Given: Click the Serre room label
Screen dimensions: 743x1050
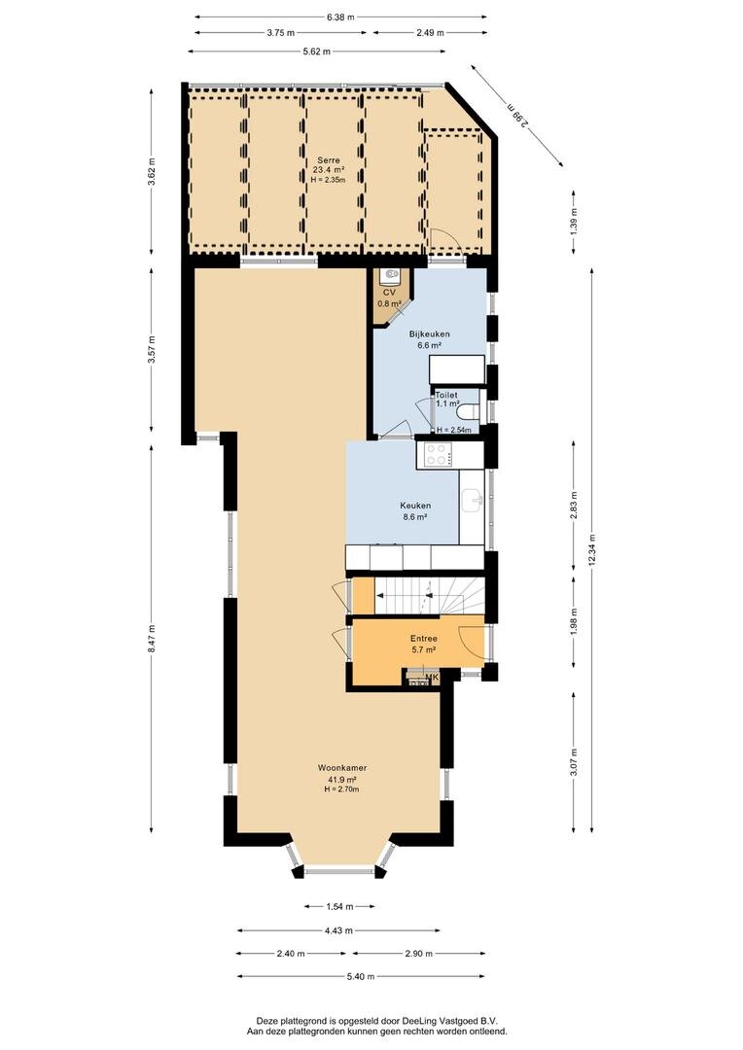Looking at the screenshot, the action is click(329, 160).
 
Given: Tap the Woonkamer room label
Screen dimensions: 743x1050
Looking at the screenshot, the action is click(341, 768).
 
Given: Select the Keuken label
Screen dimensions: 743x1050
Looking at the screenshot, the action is click(415, 506).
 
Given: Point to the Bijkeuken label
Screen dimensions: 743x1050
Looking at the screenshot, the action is click(430, 334).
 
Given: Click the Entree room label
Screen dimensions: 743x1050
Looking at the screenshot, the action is click(423, 639).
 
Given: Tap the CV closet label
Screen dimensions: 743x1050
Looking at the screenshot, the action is click(389, 293).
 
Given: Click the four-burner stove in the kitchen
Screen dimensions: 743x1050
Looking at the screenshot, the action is click(438, 455).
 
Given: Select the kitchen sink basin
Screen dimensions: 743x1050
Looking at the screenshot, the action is click(473, 499).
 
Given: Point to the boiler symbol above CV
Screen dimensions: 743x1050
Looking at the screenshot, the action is click(389, 274).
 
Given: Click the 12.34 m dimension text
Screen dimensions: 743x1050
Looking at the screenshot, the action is click(591, 549).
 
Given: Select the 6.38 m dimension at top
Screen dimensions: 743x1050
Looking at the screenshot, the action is click(340, 17).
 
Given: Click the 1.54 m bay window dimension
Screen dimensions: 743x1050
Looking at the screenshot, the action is click(339, 907).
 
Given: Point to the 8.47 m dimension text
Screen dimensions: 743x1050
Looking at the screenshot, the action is click(152, 640).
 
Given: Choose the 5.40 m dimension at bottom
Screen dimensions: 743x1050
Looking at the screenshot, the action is click(361, 977).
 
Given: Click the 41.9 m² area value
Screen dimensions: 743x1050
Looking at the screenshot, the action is click(341, 780).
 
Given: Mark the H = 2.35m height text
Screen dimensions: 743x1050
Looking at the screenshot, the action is click(329, 180).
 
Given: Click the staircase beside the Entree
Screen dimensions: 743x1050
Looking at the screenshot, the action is click(429, 595).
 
